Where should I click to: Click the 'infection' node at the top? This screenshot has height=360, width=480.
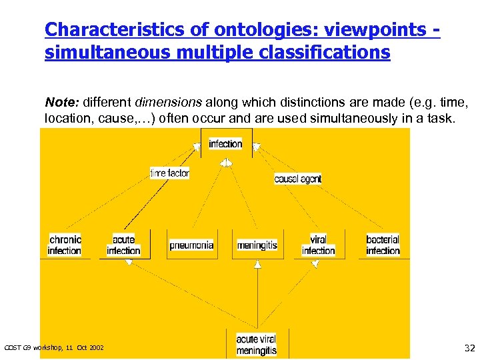point(225,144)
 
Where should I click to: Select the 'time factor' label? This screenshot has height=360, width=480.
point(169,173)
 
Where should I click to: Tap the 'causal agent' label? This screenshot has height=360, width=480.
point(297,179)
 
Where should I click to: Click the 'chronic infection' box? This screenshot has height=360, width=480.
point(65,245)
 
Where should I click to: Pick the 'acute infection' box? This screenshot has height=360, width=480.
point(123,245)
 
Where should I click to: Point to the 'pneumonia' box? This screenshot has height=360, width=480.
point(191,245)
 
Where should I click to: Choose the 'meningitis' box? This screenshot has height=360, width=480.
point(257,245)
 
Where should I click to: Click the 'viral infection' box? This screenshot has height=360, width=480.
point(318,245)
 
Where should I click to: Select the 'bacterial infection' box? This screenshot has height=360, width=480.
point(383,245)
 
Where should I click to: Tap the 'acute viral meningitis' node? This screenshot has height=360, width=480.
point(256,345)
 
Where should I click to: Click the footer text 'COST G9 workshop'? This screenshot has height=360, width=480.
point(33,348)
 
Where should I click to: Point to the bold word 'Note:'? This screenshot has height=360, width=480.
point(62,103)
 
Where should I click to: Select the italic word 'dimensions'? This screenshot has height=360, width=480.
point(169,103)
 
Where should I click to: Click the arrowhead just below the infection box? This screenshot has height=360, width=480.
point(226,162)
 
